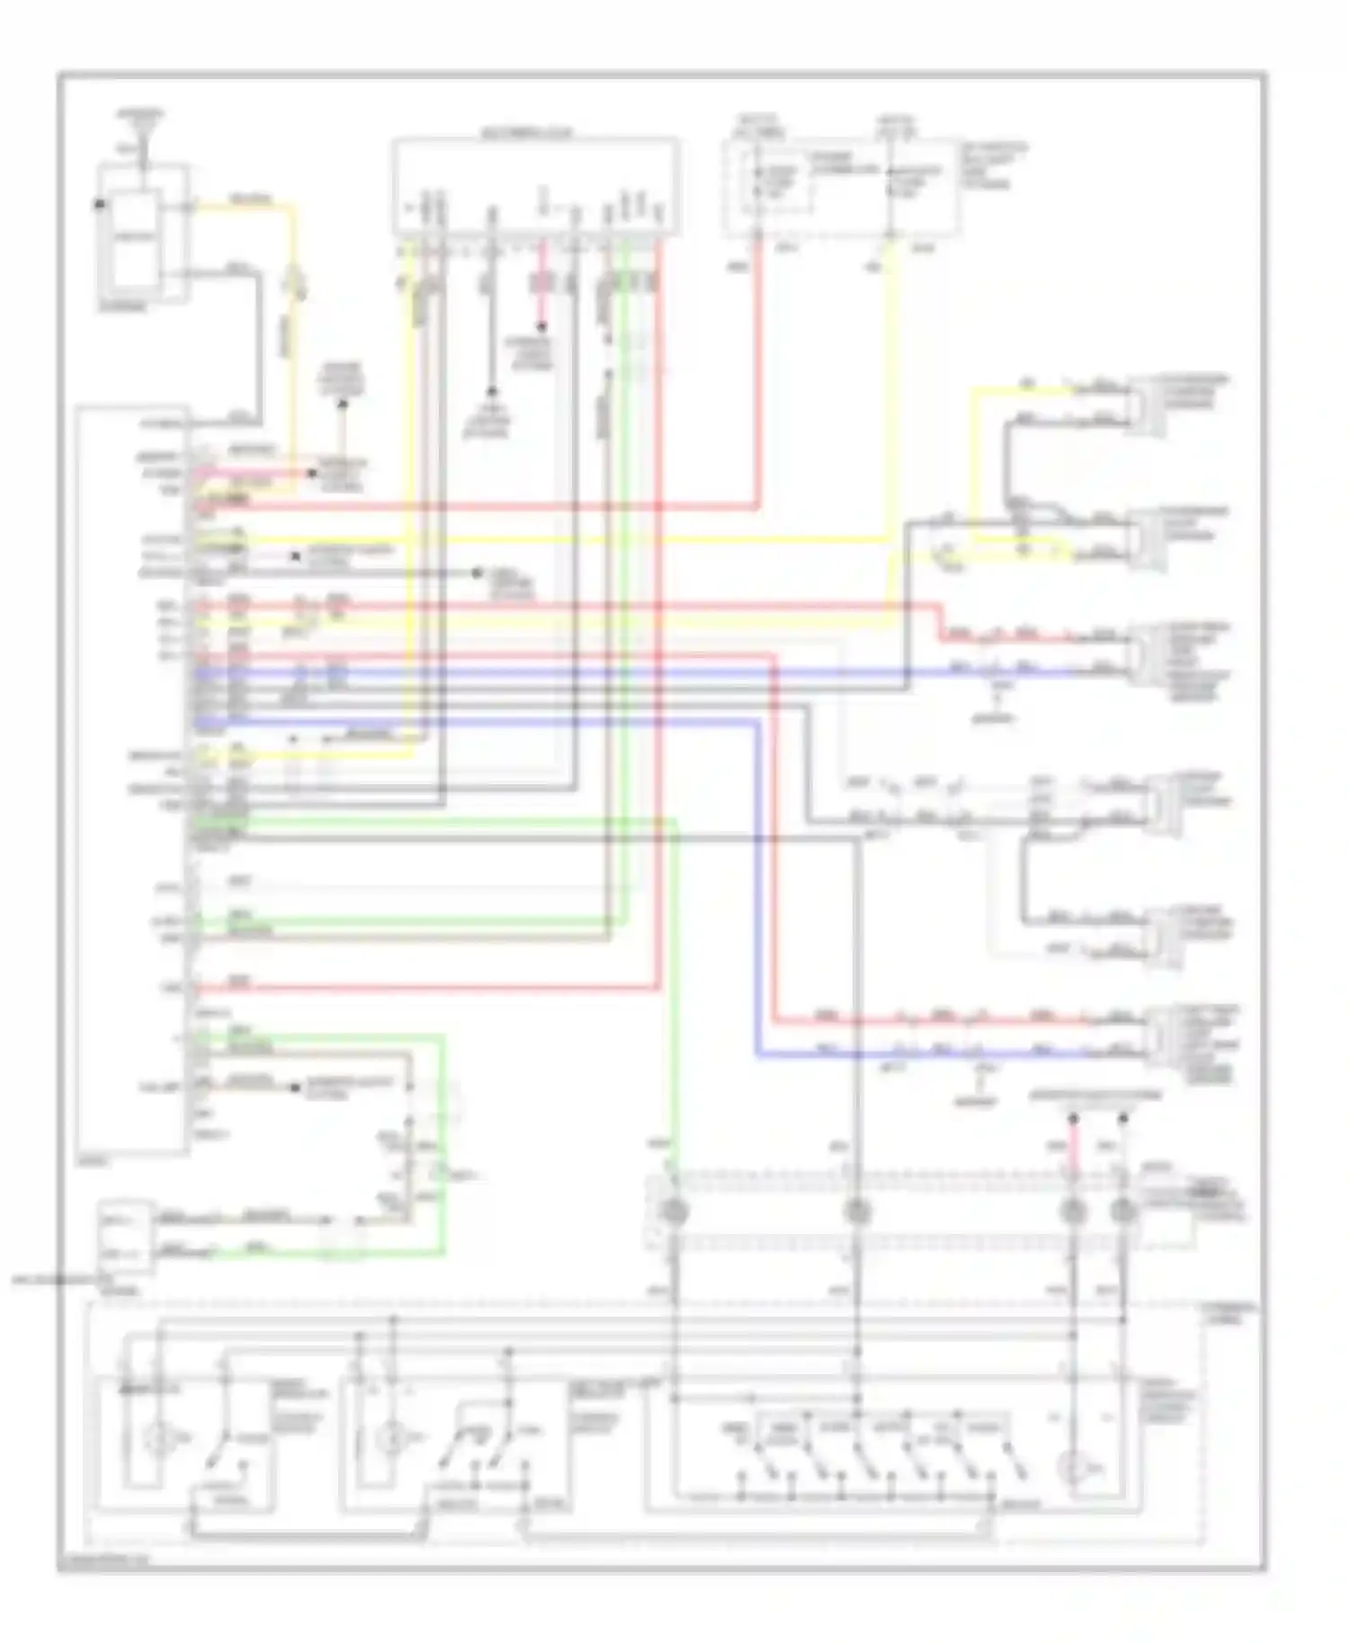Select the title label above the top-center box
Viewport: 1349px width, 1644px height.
click(x=526, y=134)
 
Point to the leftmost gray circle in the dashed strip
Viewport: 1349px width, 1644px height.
click(x=674, y=1211)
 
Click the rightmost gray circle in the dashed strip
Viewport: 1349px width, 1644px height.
click(x=1123, y=1211)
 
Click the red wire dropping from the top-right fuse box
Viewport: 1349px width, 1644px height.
click(x=758, y=378)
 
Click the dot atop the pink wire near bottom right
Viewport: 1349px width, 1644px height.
click(x=1073, y=1119)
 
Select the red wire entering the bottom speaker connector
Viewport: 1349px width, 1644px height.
click(x=944, y=1021)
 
